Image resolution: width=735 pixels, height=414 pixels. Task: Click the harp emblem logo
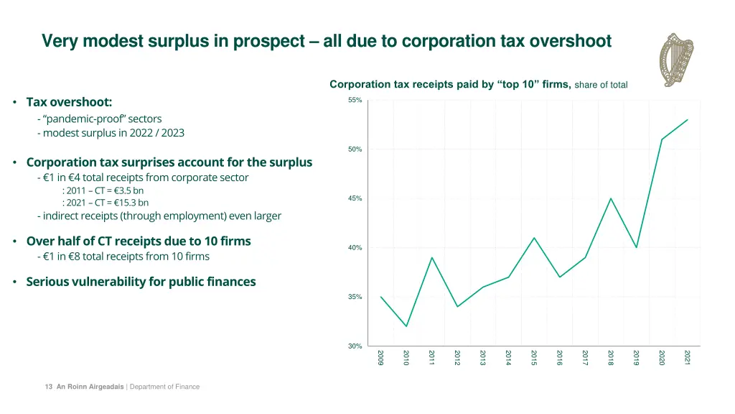point(678,60)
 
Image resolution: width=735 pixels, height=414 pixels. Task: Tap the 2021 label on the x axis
point(688,357)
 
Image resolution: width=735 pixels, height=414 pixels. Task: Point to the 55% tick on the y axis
point(355,100)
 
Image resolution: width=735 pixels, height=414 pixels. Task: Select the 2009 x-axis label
point(381,357)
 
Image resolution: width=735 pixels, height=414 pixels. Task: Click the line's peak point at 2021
point(688,119)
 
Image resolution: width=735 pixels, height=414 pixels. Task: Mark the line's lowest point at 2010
point(406,326)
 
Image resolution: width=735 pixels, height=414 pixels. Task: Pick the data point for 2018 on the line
point(611,198)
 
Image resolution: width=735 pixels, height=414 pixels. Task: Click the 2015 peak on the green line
point(534,238)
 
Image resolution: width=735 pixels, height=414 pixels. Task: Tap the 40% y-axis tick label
point(355,248)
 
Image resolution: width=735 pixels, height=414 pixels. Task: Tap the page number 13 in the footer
point(48,387)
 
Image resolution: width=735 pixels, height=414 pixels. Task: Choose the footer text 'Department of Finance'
point(164,387)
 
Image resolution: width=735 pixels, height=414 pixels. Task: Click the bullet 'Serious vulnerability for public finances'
point(141,282)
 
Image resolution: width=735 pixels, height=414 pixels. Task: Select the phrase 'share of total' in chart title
point(601,85)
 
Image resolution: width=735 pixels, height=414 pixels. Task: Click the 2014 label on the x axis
point(508,357)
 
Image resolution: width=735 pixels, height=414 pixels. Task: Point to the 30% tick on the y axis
point(355,346)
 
